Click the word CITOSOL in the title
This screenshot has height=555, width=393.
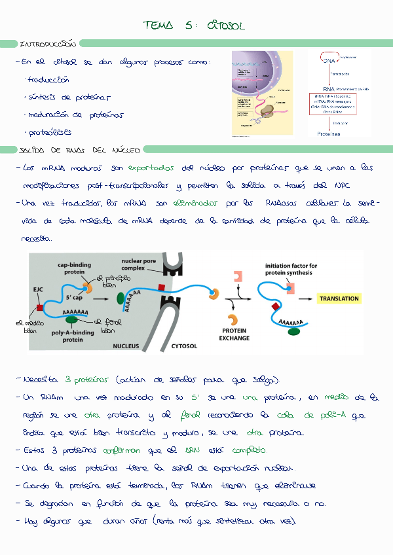225,26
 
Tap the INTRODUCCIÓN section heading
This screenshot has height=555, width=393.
48,45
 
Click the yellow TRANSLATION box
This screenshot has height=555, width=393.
339,298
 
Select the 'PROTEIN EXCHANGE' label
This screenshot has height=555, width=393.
234,334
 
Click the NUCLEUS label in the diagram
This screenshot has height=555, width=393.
126,346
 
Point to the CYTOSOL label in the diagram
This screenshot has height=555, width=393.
185,346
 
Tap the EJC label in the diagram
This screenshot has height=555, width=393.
39,289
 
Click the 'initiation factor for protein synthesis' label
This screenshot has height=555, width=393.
291,269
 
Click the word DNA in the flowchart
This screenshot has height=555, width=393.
328,60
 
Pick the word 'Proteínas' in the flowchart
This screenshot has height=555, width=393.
329,134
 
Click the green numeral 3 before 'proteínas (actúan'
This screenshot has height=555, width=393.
67,380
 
